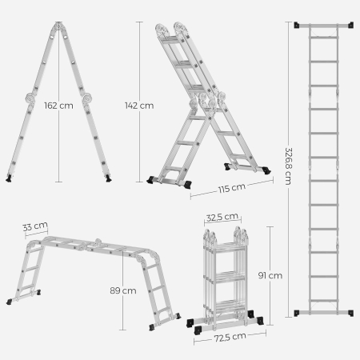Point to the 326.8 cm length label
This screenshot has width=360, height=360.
tap(285, 169)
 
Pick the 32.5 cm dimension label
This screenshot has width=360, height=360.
tap(222, 216)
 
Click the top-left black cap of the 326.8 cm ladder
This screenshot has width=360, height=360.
tap(298, 25)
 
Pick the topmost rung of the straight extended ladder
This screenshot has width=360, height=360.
tap(323, 35)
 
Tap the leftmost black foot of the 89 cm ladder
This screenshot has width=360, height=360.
tap(11, 302)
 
